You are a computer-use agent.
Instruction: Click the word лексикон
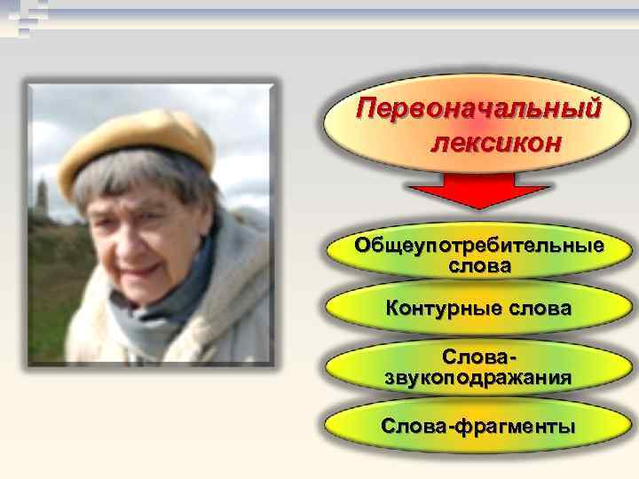coord(496,142)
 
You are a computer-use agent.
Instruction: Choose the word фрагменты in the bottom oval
coord(517,426)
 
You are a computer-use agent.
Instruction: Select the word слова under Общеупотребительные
coord(479,265)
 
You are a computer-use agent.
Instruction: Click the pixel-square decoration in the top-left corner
coord(22,18)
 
